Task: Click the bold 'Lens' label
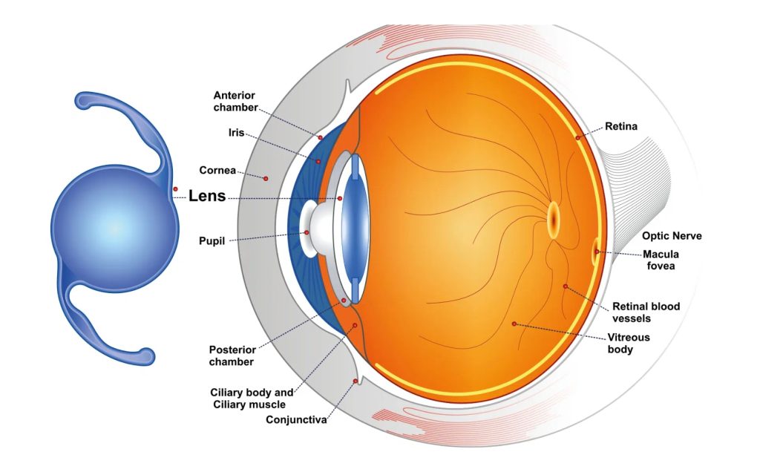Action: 207,196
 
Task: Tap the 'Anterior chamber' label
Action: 235,101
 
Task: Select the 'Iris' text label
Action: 237,132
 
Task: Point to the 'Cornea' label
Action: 217,170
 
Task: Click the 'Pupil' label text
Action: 212,241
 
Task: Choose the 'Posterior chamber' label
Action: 232,355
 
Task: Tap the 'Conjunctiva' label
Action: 296,419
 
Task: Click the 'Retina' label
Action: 621,126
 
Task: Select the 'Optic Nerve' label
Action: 672,236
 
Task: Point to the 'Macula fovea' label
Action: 661,260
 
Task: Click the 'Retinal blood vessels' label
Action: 646,312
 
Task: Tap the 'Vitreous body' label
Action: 629,343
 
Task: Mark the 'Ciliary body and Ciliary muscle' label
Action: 252,399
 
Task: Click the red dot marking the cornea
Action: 266,179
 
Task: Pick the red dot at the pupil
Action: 307,232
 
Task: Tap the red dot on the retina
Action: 577,138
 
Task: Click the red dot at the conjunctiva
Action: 356,381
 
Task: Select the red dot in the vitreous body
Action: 514,324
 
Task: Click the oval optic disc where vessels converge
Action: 554,220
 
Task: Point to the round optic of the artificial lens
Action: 115,229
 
